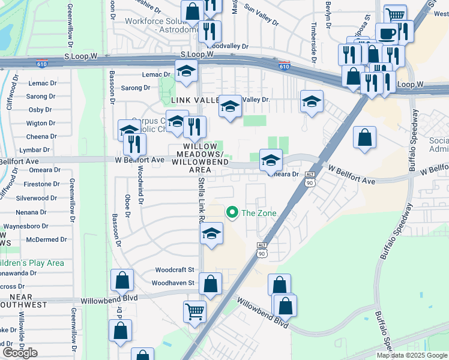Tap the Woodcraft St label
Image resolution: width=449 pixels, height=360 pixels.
(x=175, y=271)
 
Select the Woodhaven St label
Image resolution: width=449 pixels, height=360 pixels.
(x=173, y=283)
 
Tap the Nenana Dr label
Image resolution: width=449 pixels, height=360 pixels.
(x=31, y=212)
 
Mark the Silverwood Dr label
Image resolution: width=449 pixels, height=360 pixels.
(x=37, y=197)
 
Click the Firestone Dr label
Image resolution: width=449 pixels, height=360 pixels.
(x=41, y=184)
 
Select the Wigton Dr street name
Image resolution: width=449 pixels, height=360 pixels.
(x=41, y=123)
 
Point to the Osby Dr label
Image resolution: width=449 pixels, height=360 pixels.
(x=40, y=109)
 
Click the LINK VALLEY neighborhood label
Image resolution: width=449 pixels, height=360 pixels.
(x=193, y=100)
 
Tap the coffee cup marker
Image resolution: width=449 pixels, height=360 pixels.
(x=387, y=32)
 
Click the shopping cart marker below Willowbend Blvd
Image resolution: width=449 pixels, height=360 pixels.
(x=194, y=311)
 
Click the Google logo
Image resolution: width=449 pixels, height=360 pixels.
(x=20, y=353)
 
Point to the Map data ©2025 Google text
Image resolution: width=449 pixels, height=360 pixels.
(x=412, y=355)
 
